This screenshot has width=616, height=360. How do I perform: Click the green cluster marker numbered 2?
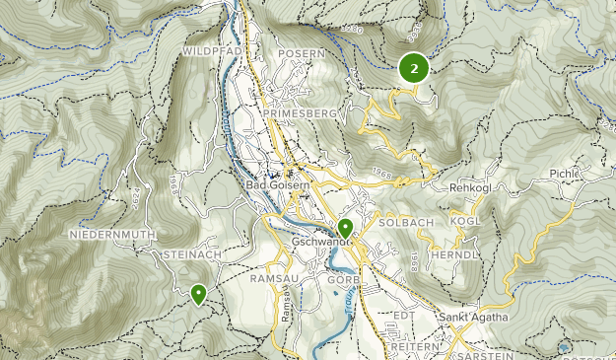[413, 68]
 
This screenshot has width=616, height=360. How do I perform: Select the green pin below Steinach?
[199, 293]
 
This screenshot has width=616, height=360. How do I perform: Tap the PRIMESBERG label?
[301, 114]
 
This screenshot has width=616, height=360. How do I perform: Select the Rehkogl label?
[469, 187]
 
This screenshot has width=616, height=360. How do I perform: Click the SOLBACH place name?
[406, 222]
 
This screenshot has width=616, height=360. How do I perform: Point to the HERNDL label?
[457, 253]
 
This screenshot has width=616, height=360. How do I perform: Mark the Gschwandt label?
[322, 243]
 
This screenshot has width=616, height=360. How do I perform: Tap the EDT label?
[401, 315]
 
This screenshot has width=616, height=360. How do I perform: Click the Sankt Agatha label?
[474, 317]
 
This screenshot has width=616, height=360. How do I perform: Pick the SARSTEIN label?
[484, 350]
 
